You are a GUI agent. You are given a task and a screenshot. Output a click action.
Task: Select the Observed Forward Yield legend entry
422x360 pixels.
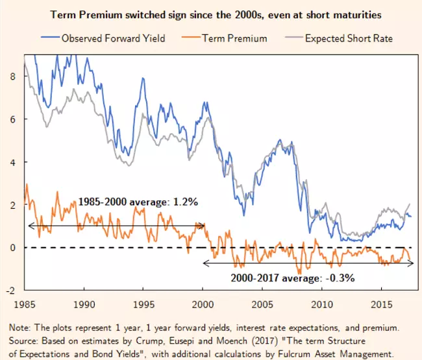tap(112, 38)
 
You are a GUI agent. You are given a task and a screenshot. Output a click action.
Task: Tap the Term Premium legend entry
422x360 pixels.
tap(234, 38)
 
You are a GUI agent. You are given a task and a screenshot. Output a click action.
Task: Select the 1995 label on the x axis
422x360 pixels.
tap(144, 303)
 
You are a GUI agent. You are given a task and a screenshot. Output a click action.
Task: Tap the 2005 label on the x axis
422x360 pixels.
tap(262, 303)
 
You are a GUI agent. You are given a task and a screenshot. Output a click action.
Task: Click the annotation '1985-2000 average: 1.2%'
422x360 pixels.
tap(138, 202)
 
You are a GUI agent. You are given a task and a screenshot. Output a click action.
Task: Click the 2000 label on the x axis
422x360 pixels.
tap(203, 303)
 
